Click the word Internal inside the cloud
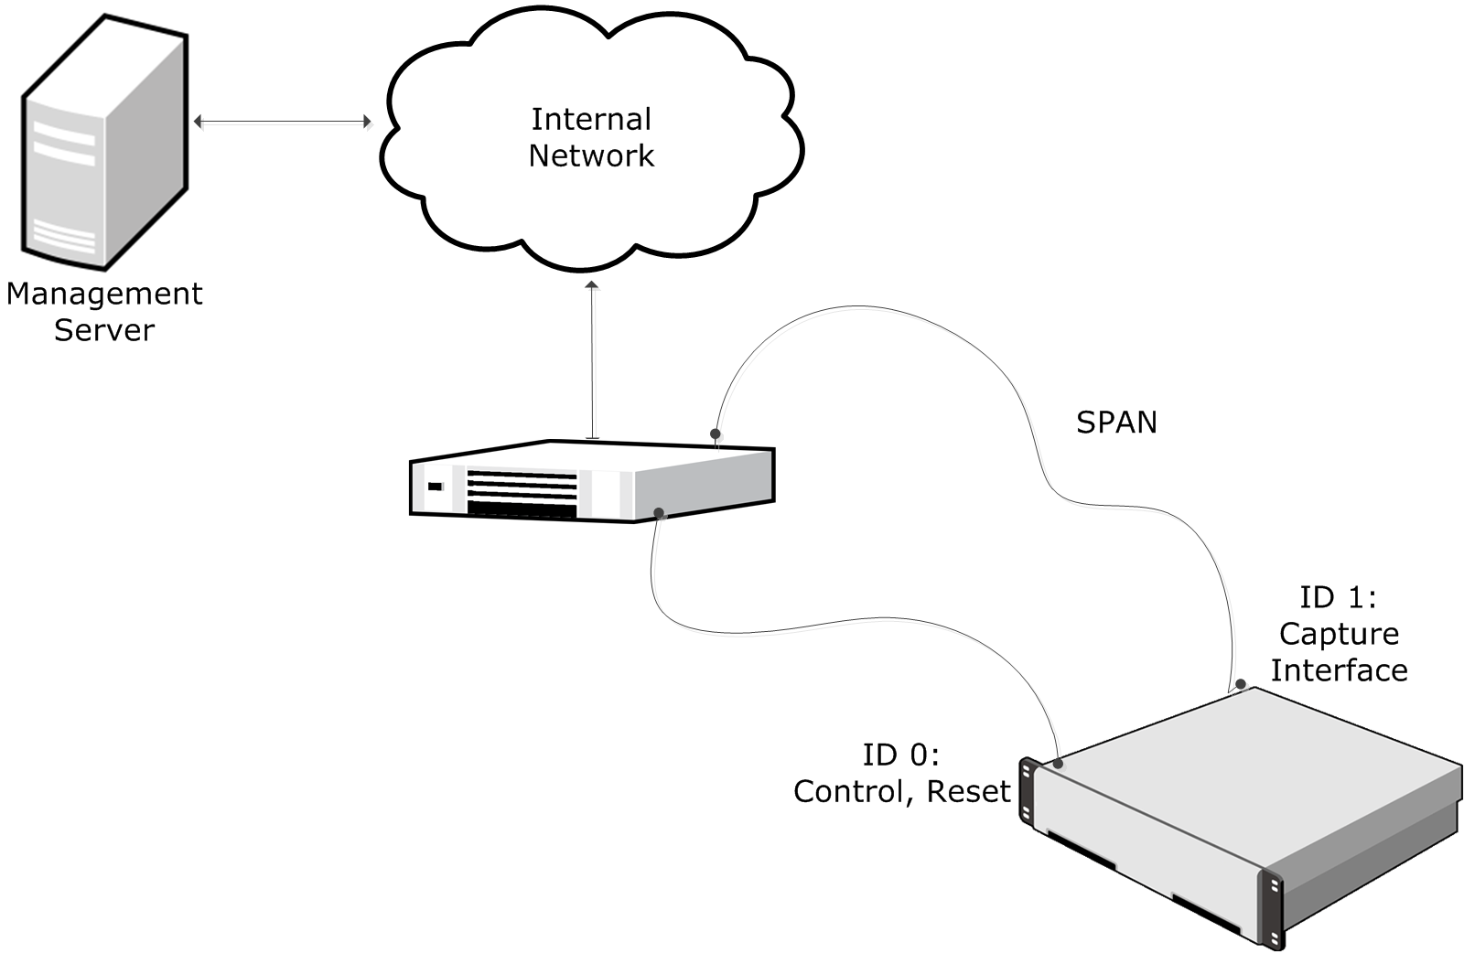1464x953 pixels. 591,119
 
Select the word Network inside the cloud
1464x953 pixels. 591,155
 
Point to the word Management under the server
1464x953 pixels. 104,294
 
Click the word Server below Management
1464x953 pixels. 104,330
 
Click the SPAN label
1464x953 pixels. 1116,422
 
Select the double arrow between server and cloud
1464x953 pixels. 283,121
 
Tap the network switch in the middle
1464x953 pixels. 591,482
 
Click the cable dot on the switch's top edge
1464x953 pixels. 716,434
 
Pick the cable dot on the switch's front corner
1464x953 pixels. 659,512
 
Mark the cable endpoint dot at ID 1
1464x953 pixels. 1241,683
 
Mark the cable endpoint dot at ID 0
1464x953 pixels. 1059,763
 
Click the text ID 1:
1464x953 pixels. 1338,597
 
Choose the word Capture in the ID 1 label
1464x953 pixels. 1339,634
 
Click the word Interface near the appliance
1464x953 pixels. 1339,670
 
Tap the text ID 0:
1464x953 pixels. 900,755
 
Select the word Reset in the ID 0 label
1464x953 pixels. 968,791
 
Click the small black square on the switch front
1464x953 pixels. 435,486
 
